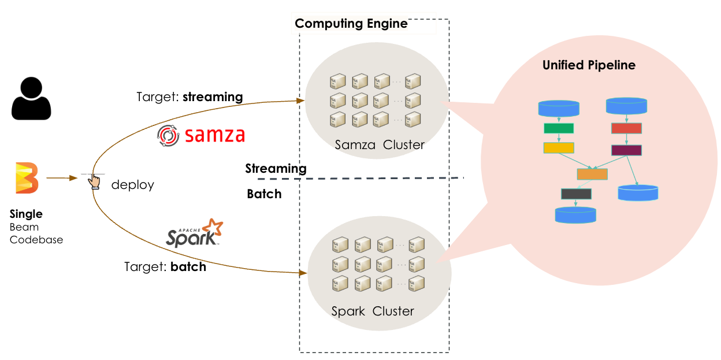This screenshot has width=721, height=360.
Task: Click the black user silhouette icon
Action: click(31, 99)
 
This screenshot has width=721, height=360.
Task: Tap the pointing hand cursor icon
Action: click(94, 182)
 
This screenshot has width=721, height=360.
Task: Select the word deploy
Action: click(132, 185)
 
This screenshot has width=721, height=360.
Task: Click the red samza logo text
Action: click(215, 135)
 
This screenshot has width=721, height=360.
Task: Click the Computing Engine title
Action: click(351, 24)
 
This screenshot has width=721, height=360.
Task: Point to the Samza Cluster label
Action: click(380, 144)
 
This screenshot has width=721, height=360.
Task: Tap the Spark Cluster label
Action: click(373, 311)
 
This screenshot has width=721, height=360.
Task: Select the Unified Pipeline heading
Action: click(589, 65)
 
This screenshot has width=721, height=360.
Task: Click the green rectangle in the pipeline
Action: click(558, 128)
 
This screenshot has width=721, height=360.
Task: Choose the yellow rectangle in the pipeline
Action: click(558, 148)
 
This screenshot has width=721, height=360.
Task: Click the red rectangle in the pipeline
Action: click(626, 128)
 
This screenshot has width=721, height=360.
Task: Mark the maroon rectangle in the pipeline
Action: click(626, 150)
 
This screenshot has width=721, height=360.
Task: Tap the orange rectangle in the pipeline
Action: click(592, 174)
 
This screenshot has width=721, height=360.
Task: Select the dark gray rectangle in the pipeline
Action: click(576, 194)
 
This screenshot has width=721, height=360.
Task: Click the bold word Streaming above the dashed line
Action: click(276, 169)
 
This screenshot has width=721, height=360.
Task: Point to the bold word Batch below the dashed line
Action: click(264, 194)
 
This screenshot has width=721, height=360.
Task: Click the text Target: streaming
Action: click(189, 97)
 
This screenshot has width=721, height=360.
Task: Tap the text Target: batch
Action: click(165, 268)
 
